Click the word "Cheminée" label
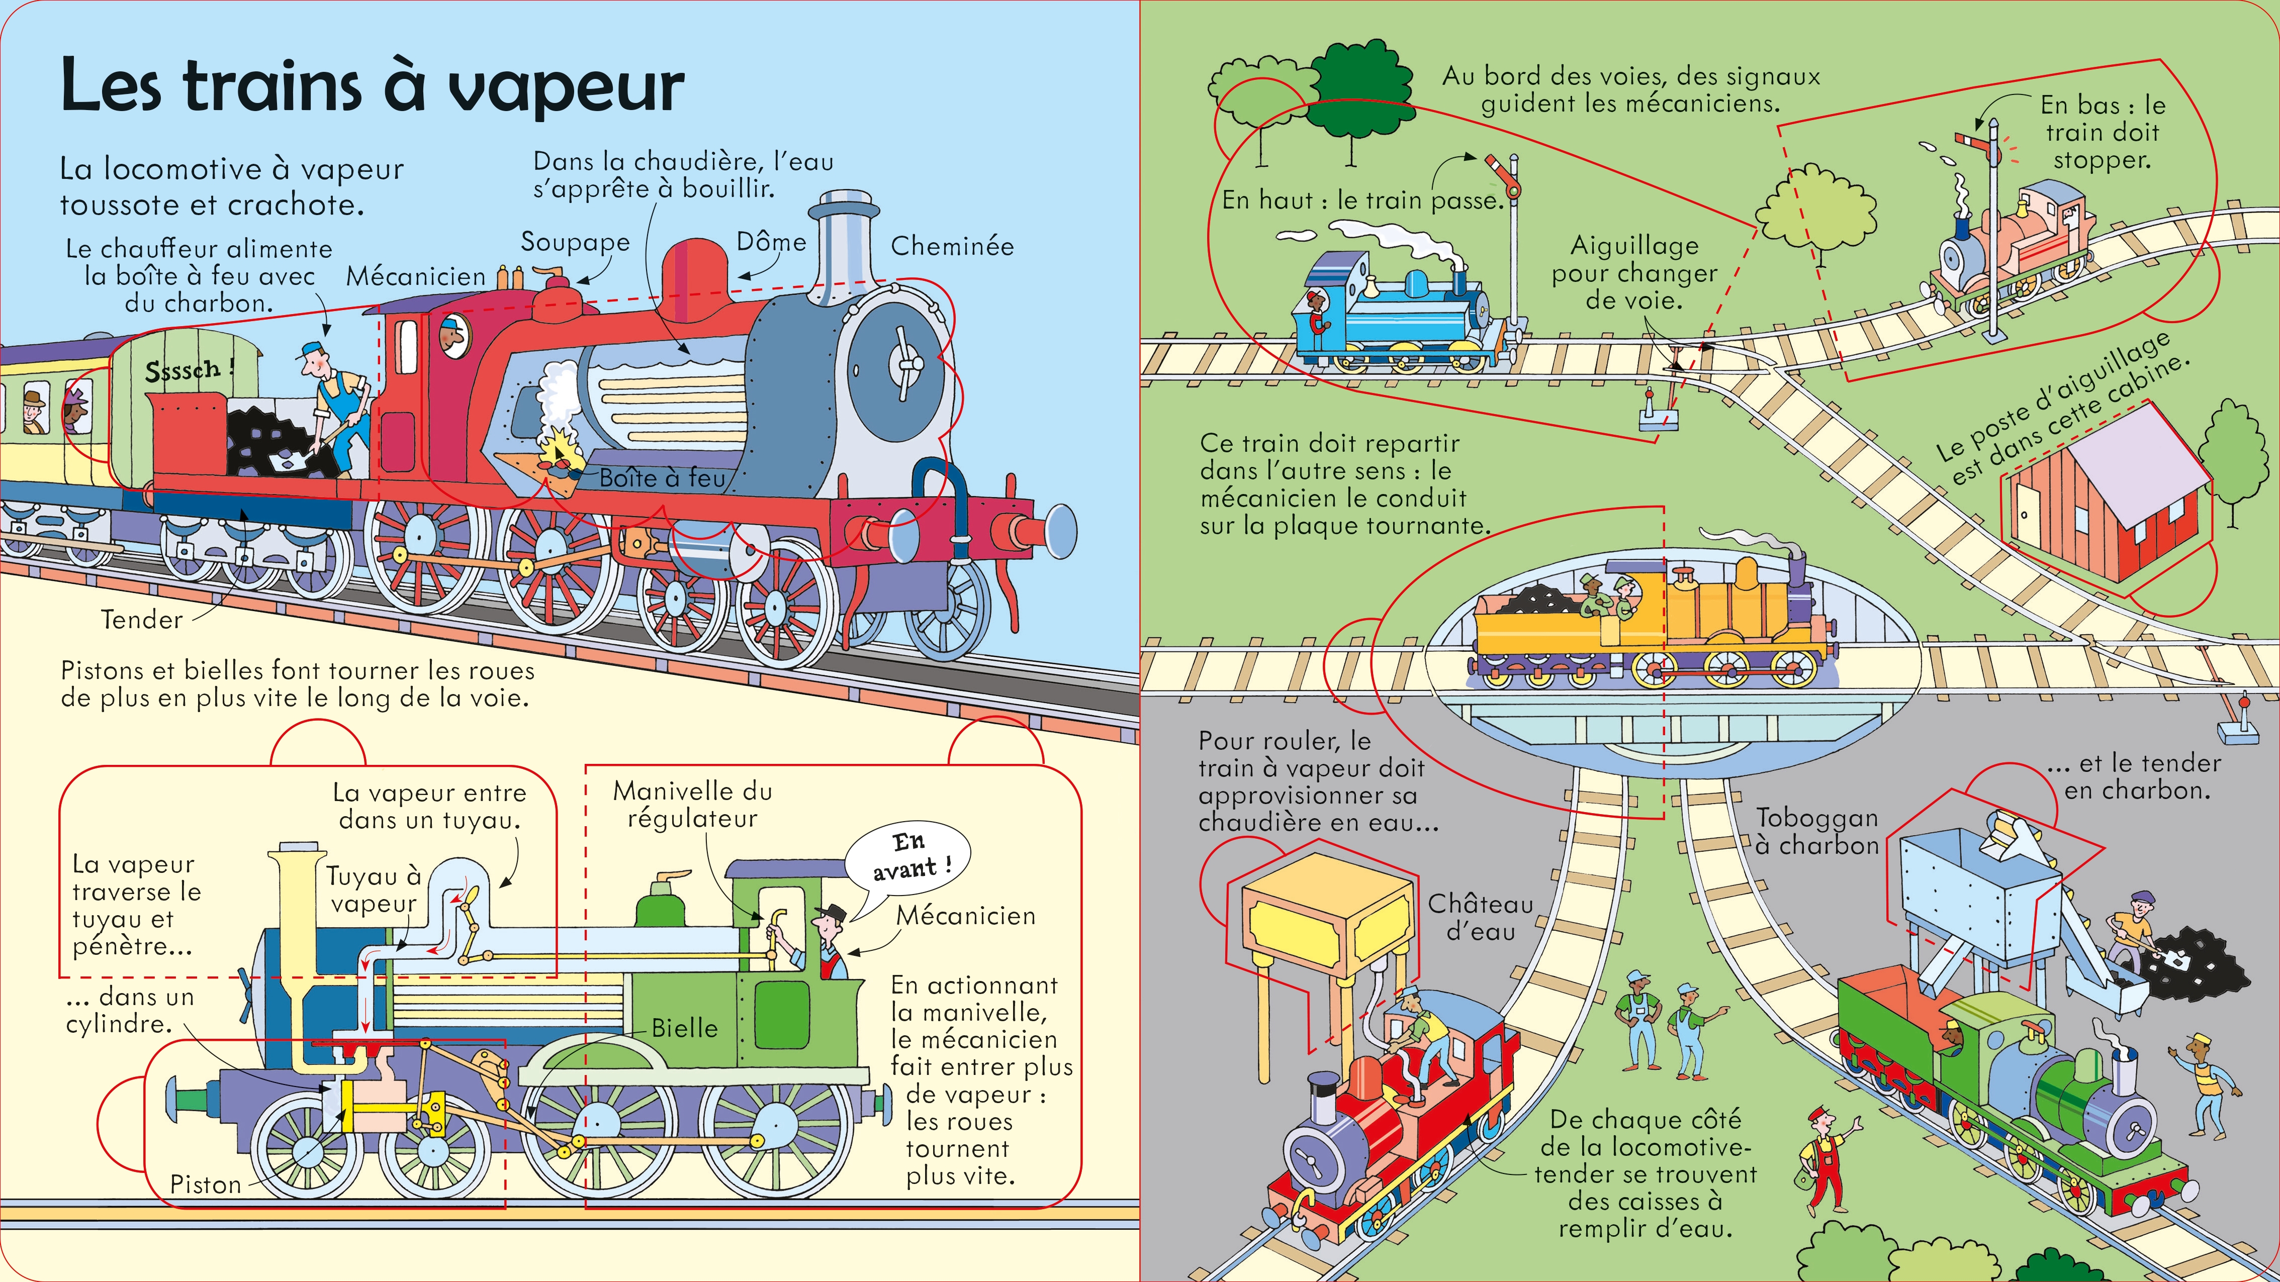pyautogui.click(x=952, y=246)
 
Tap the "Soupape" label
pyautogui.click(x=575, y=242)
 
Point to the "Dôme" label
pyautogui.click(x=771, y=242)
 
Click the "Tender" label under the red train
pyautogui.click(x=142, y=619)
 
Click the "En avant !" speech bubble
pyautogui.click(x=908, y=855)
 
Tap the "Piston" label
pyautogui.click(x=205, y=1185)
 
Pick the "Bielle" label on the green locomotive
pyautogui.click(x=684, y=1028)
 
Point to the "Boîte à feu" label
pyautogui.click(x=662, y=478)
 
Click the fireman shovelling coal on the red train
pyautogui.click(x=336, y=407)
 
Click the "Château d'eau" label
pyautogui.click(x=1480, y=918)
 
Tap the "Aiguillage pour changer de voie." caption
pyautogui.click(x=1634, y=272)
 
